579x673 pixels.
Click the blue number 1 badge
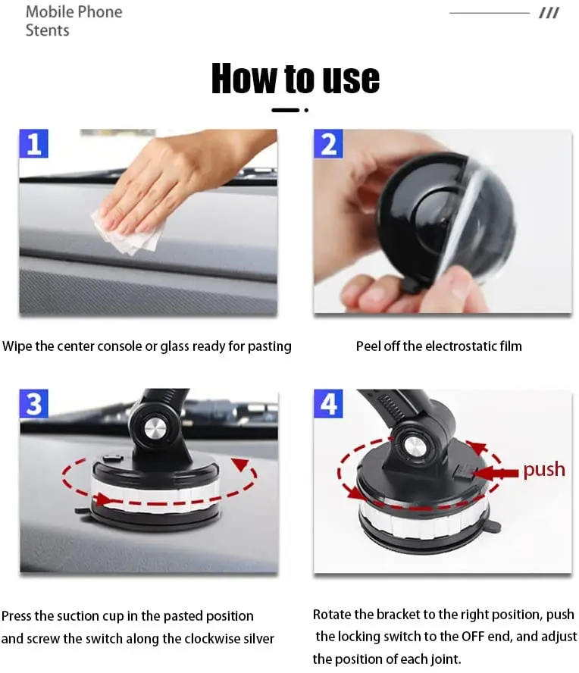point(33,143)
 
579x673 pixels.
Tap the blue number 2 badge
point(328,143)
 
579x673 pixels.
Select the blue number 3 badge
point(33,403)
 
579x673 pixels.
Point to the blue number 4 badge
point(328,403)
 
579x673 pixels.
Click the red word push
point(544,470)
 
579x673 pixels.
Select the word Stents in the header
point(47,30)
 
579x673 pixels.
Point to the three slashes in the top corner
point(549,14)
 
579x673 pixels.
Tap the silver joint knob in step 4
point(415,448)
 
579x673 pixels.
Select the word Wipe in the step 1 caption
point(17,346)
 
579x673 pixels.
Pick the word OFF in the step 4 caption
point(474,636)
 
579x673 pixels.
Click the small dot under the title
point(306,111)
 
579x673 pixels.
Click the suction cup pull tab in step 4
point(493,526)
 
